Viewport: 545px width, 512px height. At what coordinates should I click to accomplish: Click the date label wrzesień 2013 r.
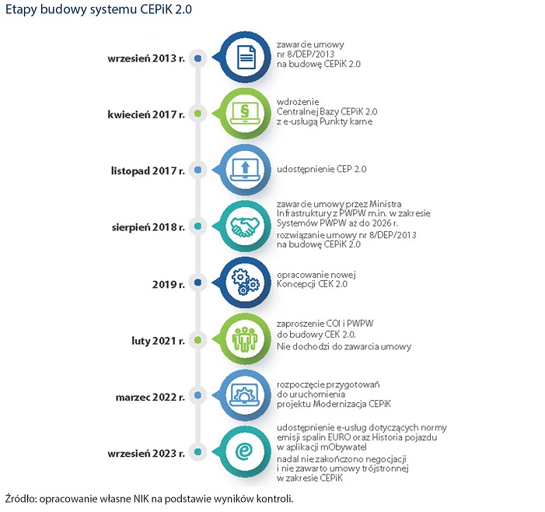click(145, 58)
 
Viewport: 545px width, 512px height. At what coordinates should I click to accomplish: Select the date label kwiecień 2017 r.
click(145, 114)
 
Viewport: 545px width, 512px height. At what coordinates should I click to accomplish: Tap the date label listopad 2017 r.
click(146, 170)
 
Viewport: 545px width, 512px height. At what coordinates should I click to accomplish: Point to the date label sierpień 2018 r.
click(146, 226)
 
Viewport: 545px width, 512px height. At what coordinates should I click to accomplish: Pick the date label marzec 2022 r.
click(148, 396)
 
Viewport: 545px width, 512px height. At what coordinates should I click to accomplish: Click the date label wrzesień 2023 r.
click(145, 452)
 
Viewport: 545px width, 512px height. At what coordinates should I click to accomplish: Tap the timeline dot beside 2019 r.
click(199, 282)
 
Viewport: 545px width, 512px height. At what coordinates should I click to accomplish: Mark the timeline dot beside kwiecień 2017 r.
click(199, 114)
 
